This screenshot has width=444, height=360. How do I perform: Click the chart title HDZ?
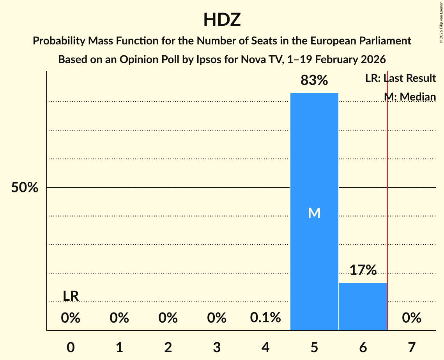click(222, 20)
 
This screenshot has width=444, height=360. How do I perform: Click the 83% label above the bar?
click(314, 81)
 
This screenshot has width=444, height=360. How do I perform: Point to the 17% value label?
click(363, 270)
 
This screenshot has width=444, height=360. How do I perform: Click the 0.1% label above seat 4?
click(265, 318)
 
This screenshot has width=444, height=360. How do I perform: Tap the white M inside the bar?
click(314, 213)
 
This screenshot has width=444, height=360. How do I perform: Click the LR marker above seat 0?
click(71, 296)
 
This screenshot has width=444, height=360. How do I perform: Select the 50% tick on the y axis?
click(25, 188)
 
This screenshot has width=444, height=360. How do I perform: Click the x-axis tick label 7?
click(412, 347)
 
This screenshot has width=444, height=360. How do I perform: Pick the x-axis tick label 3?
click(217, 347)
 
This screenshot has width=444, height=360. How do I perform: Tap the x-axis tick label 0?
click(71, 347)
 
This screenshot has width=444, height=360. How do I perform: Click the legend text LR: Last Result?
click(400, 78)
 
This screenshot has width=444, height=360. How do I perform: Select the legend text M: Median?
click(410, 97)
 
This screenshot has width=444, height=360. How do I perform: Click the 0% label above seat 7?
click(412, 318)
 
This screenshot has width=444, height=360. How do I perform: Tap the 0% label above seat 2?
click(168, 318)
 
